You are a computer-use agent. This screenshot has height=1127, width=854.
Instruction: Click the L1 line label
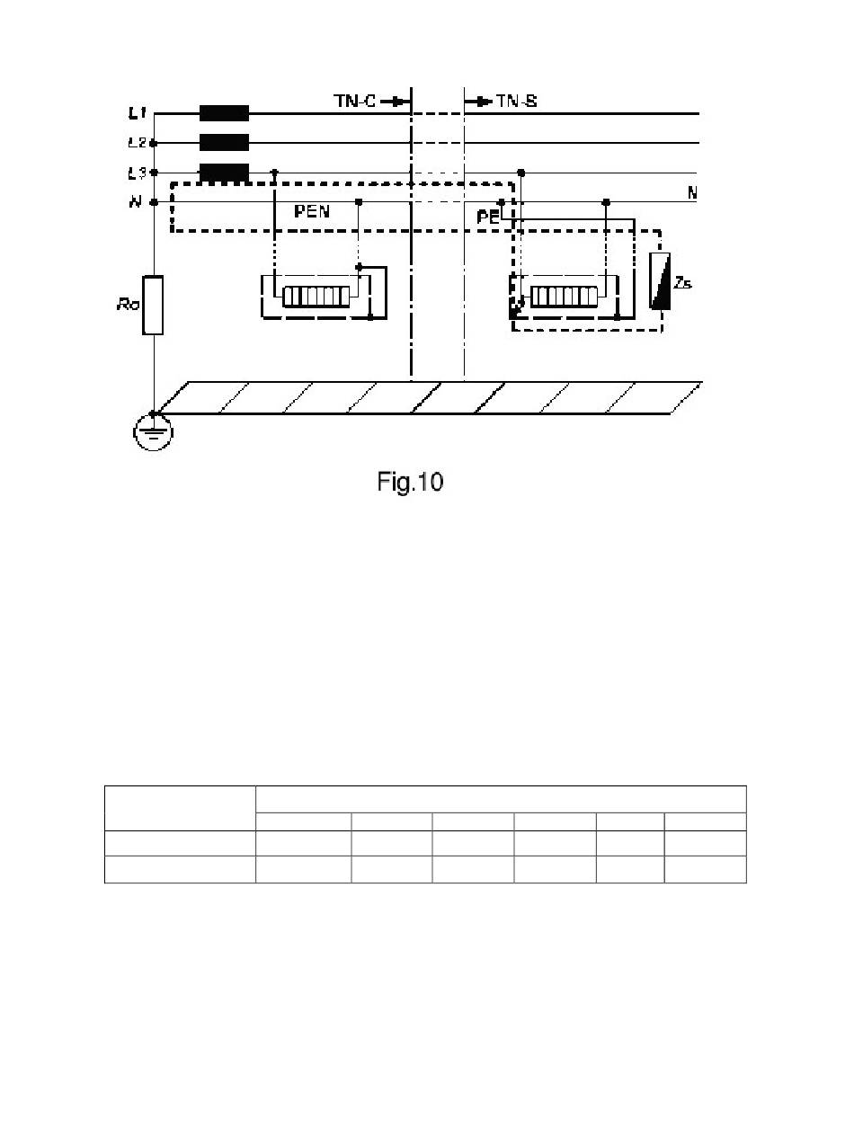(137, 113)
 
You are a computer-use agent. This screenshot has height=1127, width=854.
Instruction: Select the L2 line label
(137, 142)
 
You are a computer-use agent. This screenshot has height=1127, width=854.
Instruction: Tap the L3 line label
(137, 173)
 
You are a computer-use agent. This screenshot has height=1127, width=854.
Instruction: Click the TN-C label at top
(354, 101)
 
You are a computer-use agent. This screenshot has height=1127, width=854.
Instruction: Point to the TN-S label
(516, 101)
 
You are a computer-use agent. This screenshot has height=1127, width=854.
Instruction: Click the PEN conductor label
(312, 211)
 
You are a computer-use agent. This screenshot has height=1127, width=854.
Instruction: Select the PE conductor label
(488, 217)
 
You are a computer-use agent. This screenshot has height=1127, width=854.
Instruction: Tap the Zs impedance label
(683, 282)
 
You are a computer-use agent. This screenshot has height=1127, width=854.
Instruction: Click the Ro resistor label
(128, 305)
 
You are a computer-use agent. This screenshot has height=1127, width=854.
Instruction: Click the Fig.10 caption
(410, 482)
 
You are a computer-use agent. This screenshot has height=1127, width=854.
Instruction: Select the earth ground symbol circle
(153, 432)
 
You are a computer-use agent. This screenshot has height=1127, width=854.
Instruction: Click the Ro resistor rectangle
(153, 305)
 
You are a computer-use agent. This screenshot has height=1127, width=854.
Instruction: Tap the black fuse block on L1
(224, 113)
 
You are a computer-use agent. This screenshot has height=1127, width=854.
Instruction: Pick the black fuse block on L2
(224, 142)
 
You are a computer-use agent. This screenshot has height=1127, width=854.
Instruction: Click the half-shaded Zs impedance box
(660, 281)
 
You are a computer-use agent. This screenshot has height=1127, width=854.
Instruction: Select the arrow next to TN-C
(395, 102)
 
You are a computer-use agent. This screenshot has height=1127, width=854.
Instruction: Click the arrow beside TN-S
(478, 102)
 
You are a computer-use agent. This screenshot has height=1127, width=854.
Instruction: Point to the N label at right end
(692, 192)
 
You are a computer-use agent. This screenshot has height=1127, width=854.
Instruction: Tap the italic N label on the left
(135, 202)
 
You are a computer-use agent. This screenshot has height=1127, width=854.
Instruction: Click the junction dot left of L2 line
(153, 143)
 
